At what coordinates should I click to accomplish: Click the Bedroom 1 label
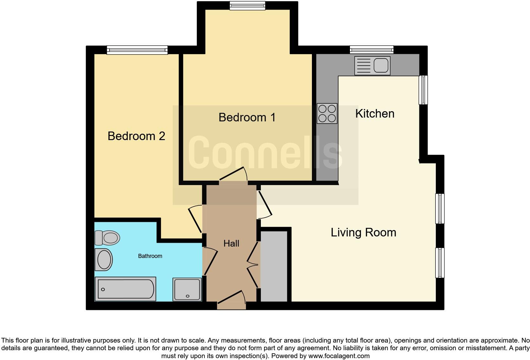pyautogui.click(x=247, y=118)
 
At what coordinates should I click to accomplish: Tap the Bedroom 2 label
pyautogui.click(x=136, y=136)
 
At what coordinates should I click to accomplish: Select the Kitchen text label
pyautogui.click(x=375, y=113)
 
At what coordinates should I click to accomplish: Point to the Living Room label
pyautogui.click(x=363, y=233)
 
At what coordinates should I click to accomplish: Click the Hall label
pyautogui.click(x=231, y=243)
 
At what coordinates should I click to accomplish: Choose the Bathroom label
pyautogui.click(x=150, y=256)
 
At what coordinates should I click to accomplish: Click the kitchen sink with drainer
pyautogui.click(x=372, y=66)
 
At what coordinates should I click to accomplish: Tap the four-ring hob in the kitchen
pyautogui.click(x=327, y=114)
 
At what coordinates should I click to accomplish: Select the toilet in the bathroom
pyautogui.click(x=107, y=238)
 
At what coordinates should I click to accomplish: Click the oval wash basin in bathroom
pyautogui.click(x=104, y=259)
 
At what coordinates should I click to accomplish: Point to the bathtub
pyautogui.click(x=125, y=289)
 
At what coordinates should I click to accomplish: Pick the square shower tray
pyautogui.click(x=187, y=289)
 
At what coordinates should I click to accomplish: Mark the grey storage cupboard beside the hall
pyautogui.click(x=274, y=266)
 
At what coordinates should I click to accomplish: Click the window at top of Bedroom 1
pyautogui.click(x=247, y=5)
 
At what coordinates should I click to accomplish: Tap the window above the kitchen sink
pyautogui.click(x=372, y=50)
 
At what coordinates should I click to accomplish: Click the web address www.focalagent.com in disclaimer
pyautogui.click(x=339, y=356)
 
